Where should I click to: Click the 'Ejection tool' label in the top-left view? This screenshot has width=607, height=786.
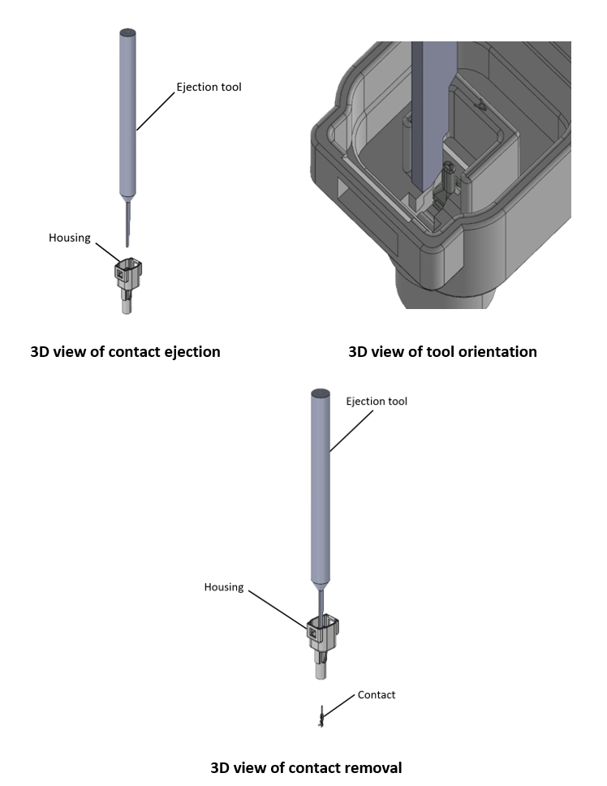(209, 87)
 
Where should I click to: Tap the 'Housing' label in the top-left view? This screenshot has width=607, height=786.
(69, 238)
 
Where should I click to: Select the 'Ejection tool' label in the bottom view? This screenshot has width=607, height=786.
(377, 401)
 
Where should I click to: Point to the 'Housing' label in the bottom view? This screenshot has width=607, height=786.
(223, 586)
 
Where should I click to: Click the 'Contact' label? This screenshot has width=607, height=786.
(377, 694)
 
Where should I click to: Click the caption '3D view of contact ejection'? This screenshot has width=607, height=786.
(125, 352)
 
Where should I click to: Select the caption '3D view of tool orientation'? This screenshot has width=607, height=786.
(442, 352)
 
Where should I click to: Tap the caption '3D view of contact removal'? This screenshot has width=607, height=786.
(306, 767)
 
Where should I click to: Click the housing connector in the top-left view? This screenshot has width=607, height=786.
(129, 281)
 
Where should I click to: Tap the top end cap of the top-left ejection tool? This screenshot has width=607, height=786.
(127, 32)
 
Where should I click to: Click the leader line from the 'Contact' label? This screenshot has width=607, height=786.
(341, 703)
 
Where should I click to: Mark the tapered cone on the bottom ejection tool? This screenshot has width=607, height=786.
(321, 584)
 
